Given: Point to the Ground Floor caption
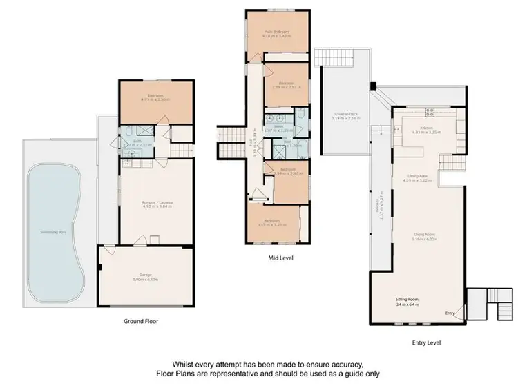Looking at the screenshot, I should [x=142, y=320].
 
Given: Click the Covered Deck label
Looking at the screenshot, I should [x=344, y=114].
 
